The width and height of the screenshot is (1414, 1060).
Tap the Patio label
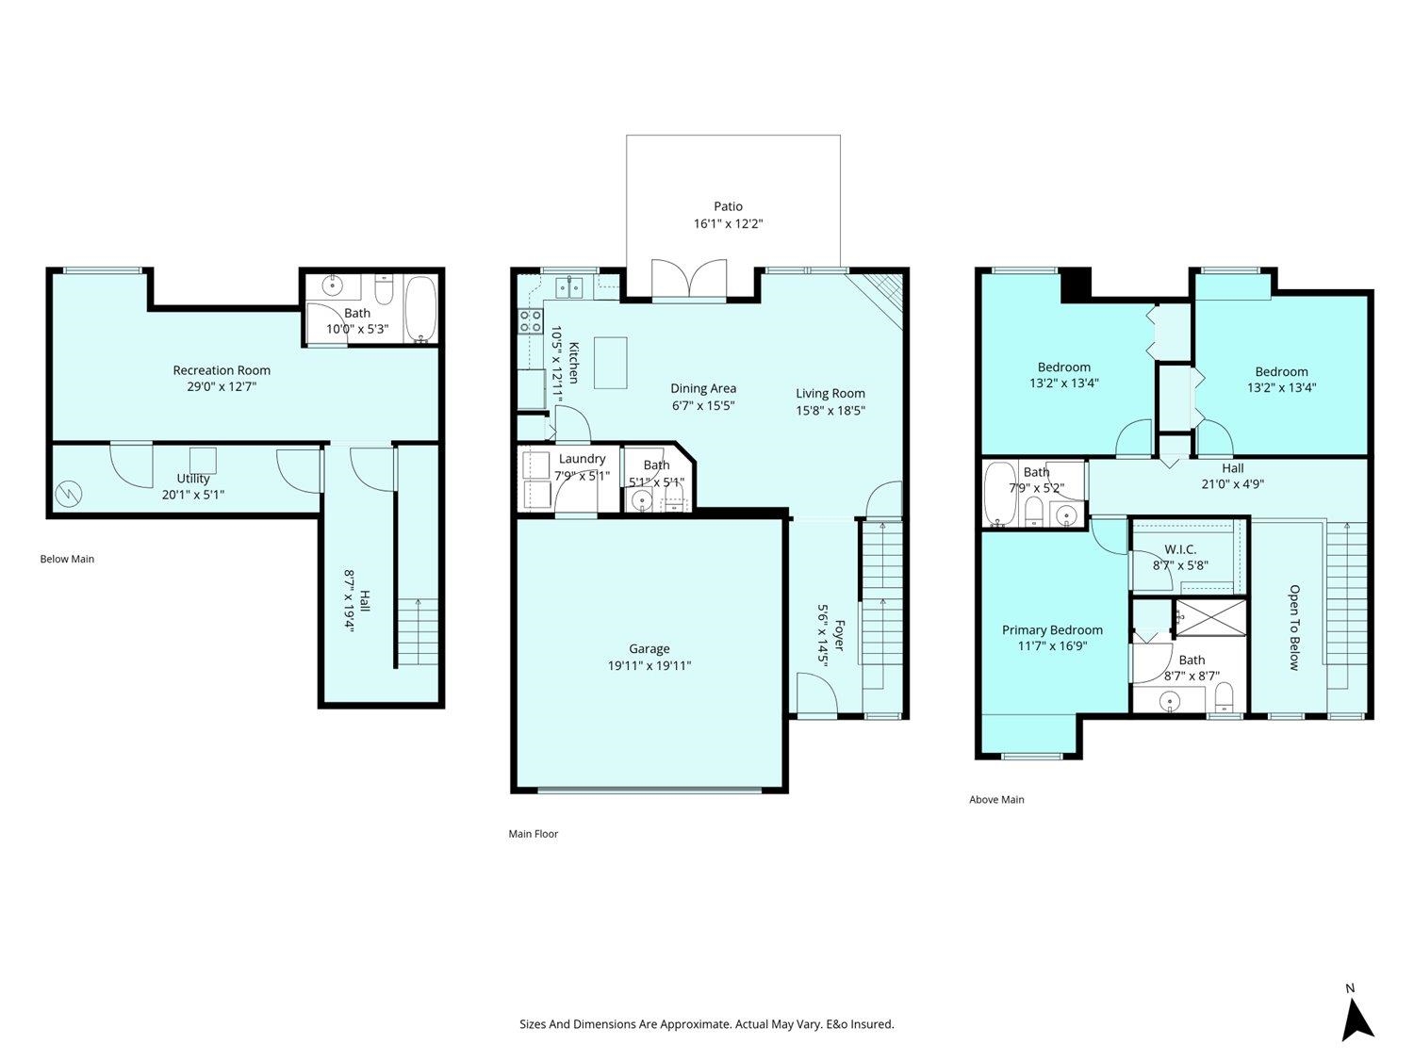[x=728, y=206]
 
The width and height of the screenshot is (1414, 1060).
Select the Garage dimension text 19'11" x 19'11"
[x=649, y=665]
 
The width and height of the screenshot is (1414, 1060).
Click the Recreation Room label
[x=222, y=370]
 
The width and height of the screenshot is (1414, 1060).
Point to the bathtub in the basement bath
[x=420, y=309]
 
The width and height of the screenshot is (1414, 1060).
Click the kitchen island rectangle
[x=610, y=363]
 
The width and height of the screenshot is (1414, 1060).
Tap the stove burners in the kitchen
[x=530, y=320]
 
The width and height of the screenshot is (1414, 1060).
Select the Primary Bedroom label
[x=1052, y=630]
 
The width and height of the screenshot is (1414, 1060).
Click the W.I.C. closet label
[x=1180, y=549]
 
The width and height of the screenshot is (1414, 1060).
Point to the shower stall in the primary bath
[x=1211, y=618]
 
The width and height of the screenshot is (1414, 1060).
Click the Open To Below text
[x=1294, y=628]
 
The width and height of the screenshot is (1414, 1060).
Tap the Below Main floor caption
[x=67, y=560]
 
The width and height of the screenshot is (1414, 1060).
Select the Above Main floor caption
[x=996, y=799]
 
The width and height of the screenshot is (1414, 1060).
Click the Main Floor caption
[x=534, y=834]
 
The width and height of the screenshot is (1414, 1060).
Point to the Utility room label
[x=193, y=479]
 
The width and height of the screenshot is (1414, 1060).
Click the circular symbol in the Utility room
[x=68, y=495]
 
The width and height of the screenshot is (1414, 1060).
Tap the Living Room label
[x=830, y=393]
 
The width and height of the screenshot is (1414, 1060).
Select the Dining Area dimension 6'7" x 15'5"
[x=703, y=405]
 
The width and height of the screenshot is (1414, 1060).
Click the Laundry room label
[x=582, y=458]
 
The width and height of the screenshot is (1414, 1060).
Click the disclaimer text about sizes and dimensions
[x=707, y=1024]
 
